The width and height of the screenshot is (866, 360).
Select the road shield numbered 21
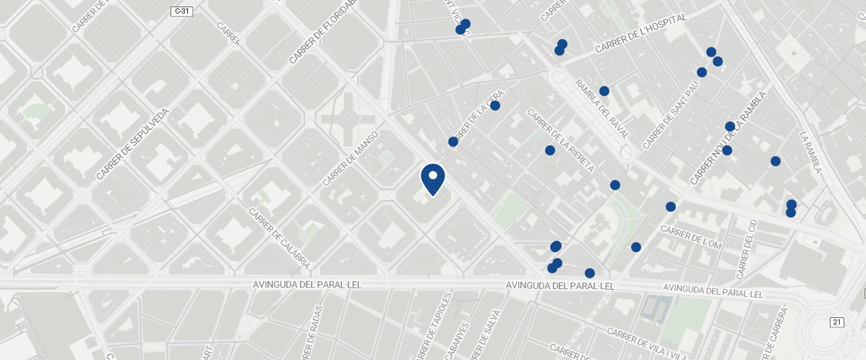[837, 322]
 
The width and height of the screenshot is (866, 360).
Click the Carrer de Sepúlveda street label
[133, 144]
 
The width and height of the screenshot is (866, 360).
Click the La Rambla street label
[811, 152]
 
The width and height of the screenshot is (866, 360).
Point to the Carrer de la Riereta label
[560, 140]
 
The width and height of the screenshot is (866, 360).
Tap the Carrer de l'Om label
[691, 237]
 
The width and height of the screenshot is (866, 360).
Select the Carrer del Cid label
[745, 249]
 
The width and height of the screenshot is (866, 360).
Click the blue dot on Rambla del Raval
[604, 91]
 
